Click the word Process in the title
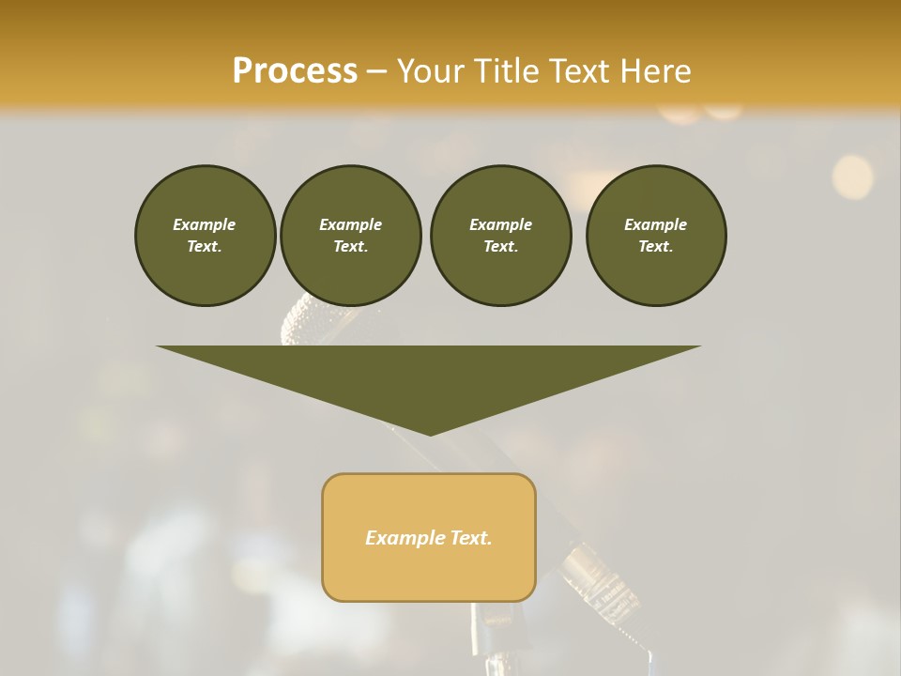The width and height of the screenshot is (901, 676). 295,71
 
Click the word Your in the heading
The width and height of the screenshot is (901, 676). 432,71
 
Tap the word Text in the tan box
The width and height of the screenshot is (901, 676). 470,538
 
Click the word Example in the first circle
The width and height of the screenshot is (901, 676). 205,224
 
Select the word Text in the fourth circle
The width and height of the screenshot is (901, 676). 655,246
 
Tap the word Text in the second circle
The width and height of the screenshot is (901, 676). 350,246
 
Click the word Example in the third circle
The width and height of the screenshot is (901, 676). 500,224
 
